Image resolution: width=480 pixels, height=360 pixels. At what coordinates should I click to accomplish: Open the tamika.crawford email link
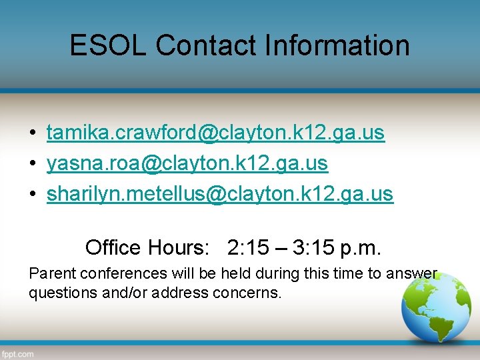215,133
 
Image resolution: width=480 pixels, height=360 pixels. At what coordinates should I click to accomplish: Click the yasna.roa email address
187,163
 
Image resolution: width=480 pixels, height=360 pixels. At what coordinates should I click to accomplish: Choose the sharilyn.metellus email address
220,194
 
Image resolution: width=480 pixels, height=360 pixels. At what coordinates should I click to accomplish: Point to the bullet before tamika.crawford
32,133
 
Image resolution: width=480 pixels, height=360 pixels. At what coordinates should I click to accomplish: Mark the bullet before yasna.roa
32,164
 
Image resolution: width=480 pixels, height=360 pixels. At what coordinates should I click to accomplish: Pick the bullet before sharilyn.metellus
32,195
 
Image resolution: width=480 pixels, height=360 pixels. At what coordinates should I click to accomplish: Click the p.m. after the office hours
361,247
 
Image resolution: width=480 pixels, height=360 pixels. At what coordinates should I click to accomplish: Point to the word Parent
49,273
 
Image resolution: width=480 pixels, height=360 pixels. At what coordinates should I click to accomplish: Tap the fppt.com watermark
17,354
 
